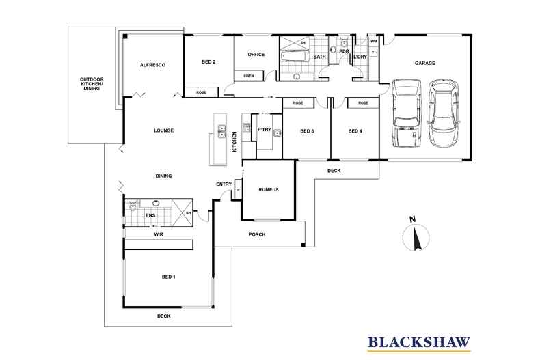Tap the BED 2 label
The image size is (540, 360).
click(x=208, y=62)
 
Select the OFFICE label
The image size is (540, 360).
click(x=256, y=55)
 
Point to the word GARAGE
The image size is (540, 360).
click(x=424, y=63)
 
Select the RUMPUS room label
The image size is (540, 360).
click(x=269, y=191)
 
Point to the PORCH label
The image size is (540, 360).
click(x=256, y=234)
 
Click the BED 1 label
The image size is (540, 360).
click(x=168, y=277)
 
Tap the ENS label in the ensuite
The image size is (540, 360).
click(x=150, y=216)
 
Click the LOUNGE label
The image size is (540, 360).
click(x=163, y=130)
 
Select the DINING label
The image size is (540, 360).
click(x=163, y=176)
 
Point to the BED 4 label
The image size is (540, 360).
click(x=354, y=131)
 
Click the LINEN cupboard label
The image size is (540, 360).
click(x=249, y=76)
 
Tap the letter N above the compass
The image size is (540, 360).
click(x=412, y=219)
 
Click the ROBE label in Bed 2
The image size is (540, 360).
click(x=201, y=92)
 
